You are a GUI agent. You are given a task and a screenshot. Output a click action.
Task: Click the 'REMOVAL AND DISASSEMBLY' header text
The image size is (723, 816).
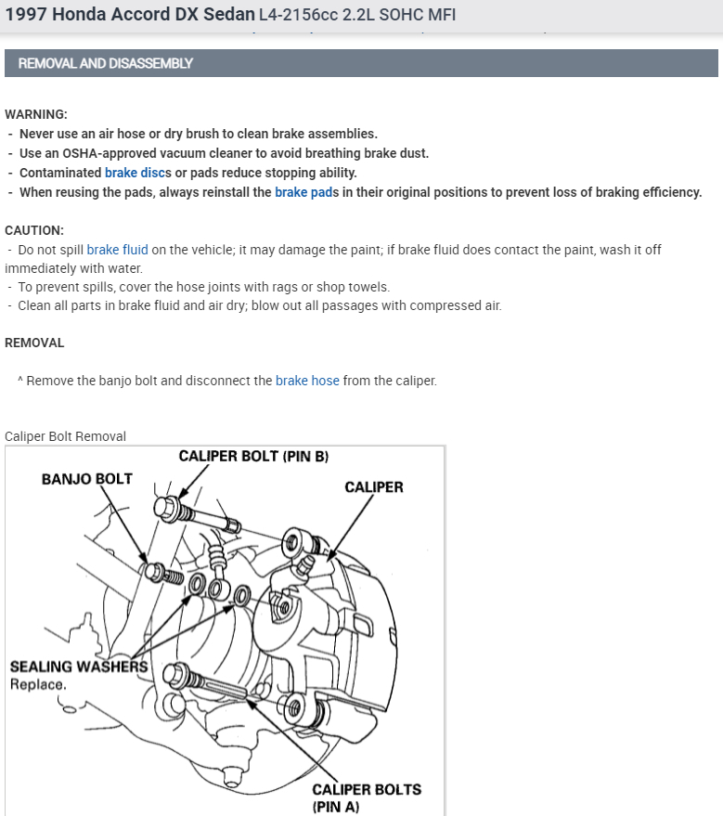(105, 64)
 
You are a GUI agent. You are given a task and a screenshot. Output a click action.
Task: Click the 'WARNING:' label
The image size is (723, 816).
(36, 114)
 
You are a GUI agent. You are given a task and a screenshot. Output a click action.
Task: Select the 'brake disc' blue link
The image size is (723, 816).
(135, 173)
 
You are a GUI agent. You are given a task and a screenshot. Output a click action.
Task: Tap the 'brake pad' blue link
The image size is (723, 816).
(303, 192)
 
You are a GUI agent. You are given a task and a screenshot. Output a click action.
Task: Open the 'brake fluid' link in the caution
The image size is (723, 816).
(117, 250)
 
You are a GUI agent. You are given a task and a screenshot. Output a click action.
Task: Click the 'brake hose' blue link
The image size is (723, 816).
(307, 381)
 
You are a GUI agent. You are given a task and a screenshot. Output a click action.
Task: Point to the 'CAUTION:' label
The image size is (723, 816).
(34, 230)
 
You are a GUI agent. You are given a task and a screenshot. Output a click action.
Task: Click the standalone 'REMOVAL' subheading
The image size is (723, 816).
(34, 343)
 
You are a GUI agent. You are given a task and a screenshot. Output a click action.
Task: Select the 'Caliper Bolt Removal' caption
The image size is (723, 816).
(65, 436)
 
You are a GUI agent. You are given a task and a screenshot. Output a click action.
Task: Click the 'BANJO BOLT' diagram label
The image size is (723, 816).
(87, 479)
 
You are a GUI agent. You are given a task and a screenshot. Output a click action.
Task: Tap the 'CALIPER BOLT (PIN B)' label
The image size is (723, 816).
(253, 457)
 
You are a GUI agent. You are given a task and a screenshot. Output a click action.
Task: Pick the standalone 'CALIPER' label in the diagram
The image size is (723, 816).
(374, 486)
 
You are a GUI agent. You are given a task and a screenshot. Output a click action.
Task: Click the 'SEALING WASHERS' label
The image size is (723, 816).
(79, 667)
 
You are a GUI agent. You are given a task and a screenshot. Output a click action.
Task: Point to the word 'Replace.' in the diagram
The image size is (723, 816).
(38, 684)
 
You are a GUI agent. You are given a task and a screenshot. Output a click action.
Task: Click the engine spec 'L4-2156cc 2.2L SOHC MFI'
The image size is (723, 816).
(357, 16)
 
